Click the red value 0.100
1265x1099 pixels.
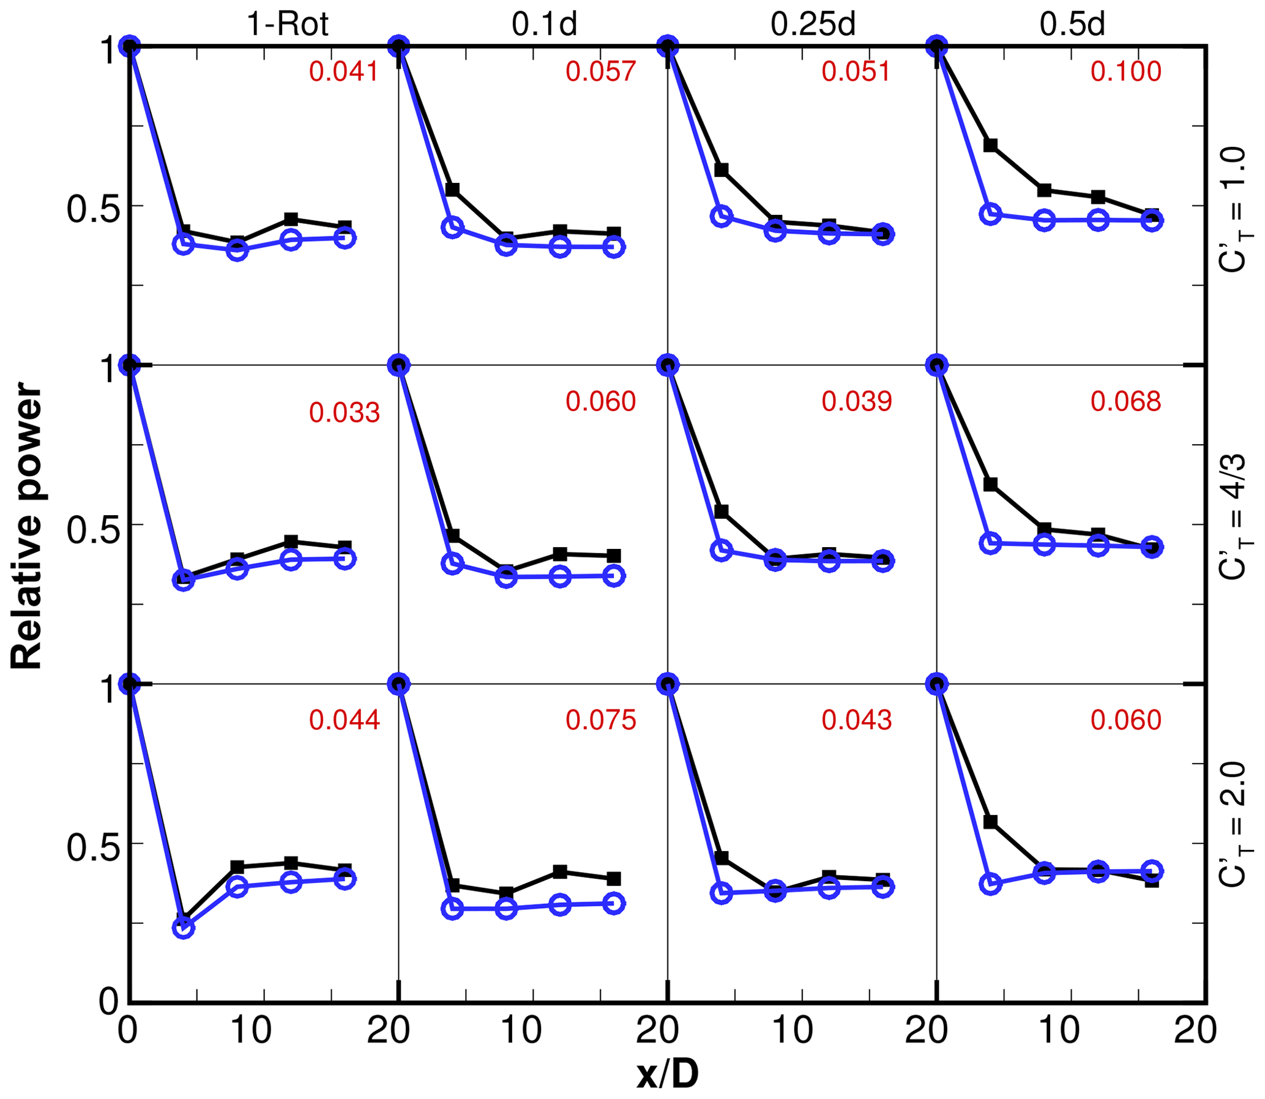(1125, 72)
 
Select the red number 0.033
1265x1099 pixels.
(344, 413)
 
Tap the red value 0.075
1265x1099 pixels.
(600, 720)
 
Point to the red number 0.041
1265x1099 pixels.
(343, 72)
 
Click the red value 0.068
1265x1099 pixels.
(1125, 401)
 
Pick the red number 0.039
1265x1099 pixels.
(856, 401)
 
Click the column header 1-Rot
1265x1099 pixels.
(288, 24)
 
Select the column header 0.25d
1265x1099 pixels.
(813, 24)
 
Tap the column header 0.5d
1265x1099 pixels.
(1072, 24)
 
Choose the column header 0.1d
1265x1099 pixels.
(545, 24)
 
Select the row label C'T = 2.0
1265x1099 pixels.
(1233, 825)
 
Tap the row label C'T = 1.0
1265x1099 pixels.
(1233, 209)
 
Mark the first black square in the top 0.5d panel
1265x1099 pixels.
(990, 146)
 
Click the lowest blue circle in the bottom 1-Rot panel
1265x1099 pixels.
(184, 928)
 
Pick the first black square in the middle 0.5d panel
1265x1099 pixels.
(990, 485)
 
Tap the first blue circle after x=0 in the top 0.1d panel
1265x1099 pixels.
(452, 228)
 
